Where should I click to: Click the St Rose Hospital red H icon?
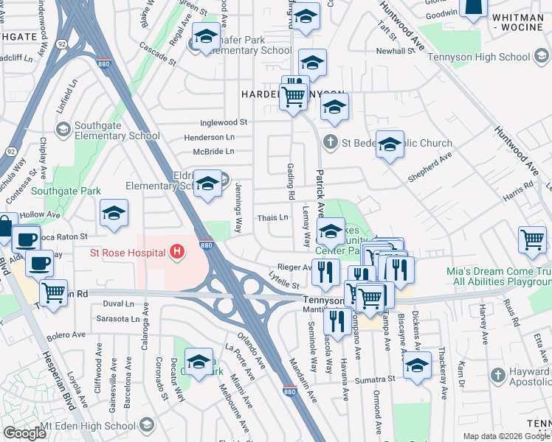pos(177,253)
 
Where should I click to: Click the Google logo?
pos(24,433)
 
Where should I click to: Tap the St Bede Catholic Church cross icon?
pos(331,142)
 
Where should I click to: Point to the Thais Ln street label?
pos(272,218)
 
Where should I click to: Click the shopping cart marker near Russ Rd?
pos(532,239)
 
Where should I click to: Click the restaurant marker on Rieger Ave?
pos(325,271)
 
